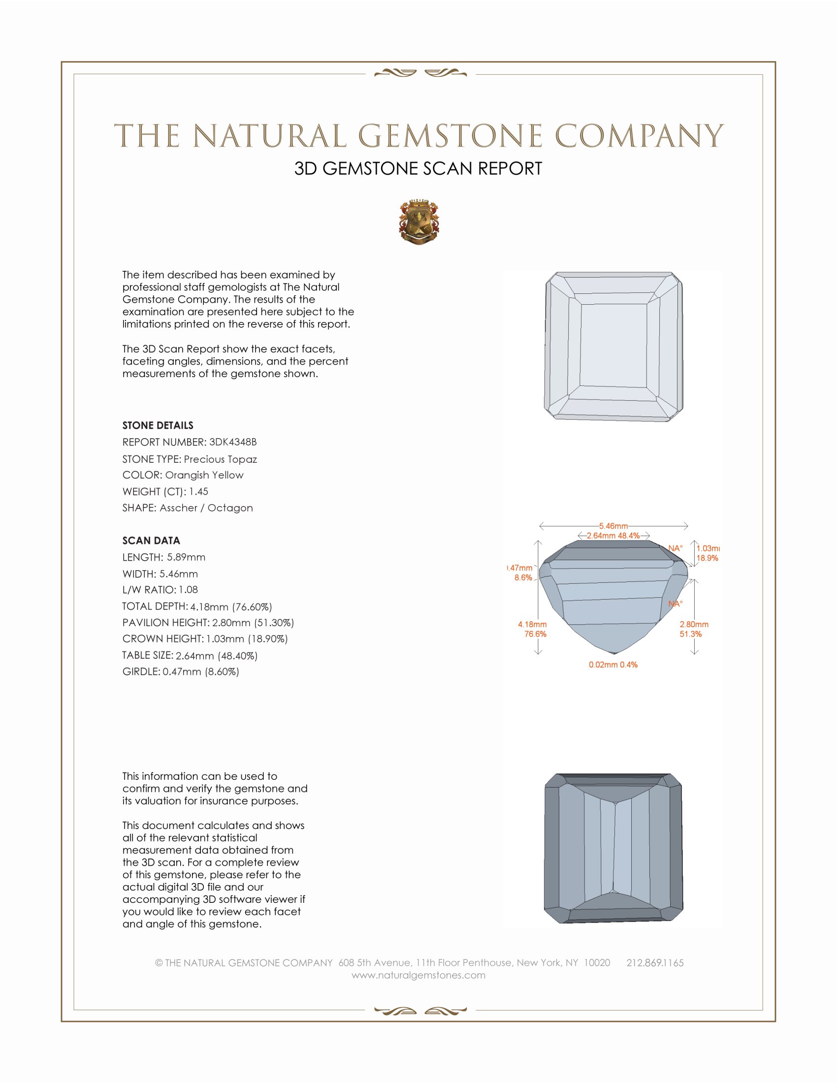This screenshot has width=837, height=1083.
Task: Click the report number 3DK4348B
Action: tap(232, 442)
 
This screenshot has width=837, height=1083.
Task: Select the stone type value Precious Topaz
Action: tap(220, 459)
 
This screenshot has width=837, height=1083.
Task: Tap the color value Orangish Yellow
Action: tap(204, 475)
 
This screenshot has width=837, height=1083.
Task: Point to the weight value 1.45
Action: tap(198, 491)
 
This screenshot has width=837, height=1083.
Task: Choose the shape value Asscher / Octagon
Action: tap(206, 508)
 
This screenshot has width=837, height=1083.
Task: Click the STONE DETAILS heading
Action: tap(158, 425)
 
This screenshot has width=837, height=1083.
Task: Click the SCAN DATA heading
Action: tap(151, 541)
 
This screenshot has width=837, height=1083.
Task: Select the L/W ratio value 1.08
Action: tap(189, 590)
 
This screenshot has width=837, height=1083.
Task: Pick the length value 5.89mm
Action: tap(186, 557)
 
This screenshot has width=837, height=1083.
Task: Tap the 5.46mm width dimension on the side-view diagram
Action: tap(613, 526)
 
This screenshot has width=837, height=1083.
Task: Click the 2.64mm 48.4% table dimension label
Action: tap(613, 536)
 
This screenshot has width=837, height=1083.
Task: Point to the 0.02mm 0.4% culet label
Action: tap(613, 665)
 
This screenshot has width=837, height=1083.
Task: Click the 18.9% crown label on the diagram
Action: tap(707, 558)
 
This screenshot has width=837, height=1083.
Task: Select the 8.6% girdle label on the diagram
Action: tap(523, 578)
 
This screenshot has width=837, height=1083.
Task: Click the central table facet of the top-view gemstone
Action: tap(613, 345)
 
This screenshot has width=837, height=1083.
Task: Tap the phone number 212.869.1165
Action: tap(654, 962)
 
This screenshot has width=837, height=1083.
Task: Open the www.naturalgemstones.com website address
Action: tap(418, 975)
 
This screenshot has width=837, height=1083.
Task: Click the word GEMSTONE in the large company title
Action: tap(450, 136)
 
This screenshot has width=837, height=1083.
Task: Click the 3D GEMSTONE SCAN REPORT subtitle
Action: tap(418, 168)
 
